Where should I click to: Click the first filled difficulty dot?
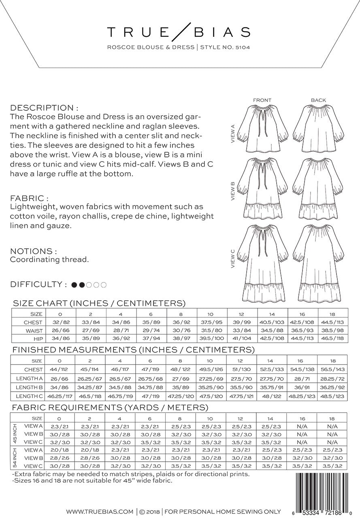pyautogui.click(x=74, y=285)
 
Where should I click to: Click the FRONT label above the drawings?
pyautogui.click(x=262, y=100)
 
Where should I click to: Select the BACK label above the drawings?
pyautogui.click(x=318, y=100)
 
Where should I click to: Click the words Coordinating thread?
pyautogui.click(x=49, y=259)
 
